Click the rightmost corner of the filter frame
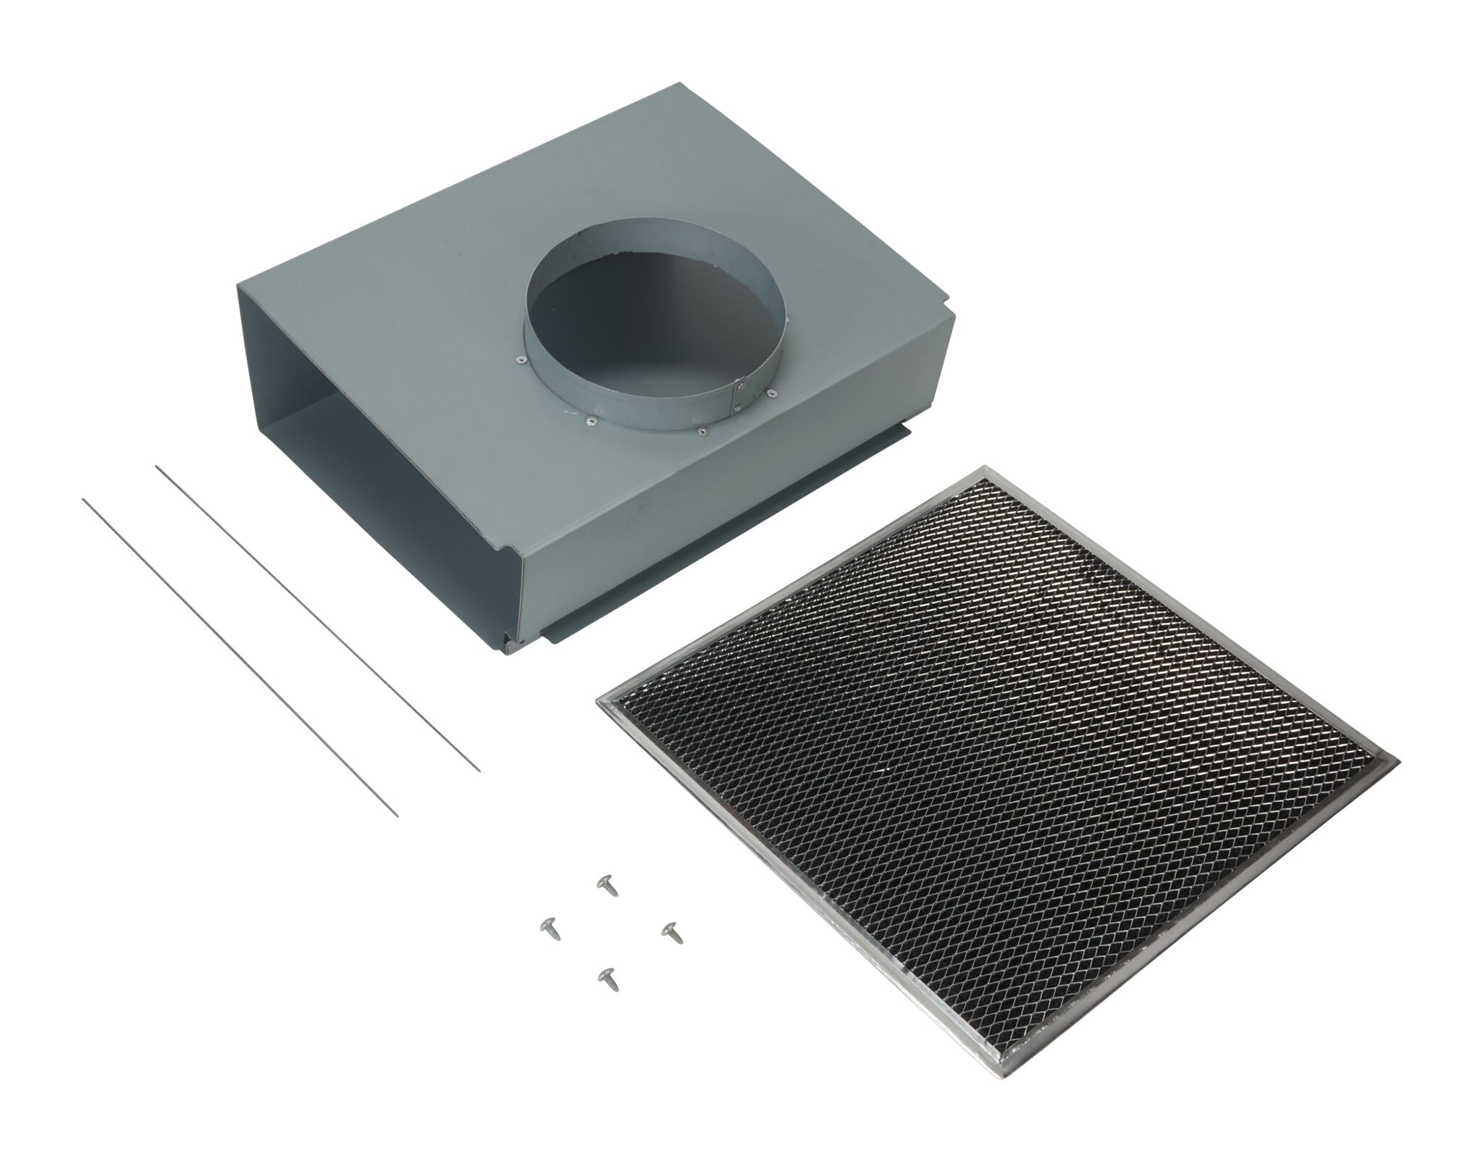coord(1398,763)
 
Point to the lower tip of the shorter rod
coord(480,771)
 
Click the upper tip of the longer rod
coord(83,499)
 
